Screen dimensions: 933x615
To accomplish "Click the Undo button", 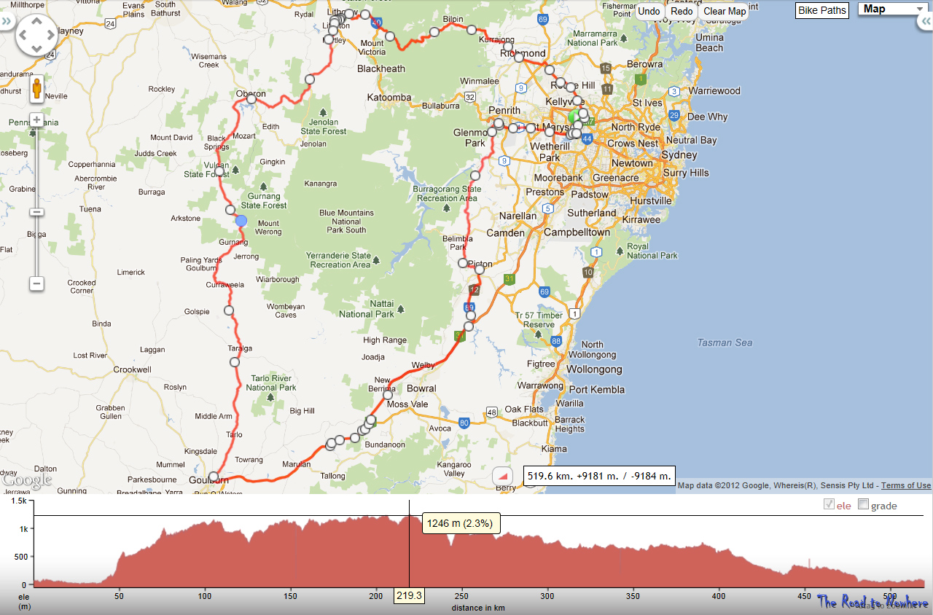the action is click(x=648, y=11).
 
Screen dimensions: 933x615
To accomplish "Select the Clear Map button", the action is click(x=725, y=11).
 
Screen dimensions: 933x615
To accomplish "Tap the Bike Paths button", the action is click(x=822, y=10).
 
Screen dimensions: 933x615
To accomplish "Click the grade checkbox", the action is click(x=864, y=504).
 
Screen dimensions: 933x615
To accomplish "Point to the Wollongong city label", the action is click(x=594, y=369).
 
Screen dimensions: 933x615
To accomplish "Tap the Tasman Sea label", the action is click(x=724, y=342).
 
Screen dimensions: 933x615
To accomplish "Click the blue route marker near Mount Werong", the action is click(x=241, y=221).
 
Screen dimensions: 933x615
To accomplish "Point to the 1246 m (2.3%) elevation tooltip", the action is click(x=459, y=523).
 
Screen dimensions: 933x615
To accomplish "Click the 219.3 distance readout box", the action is click(x=409, y=595).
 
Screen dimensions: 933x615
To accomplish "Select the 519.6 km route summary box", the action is click(x=598, y=476).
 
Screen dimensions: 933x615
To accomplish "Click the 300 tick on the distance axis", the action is click(x=547, y=595).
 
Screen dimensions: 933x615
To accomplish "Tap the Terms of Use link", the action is click(x=907, y=485).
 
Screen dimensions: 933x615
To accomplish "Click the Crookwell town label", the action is click(x=132, y=369).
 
